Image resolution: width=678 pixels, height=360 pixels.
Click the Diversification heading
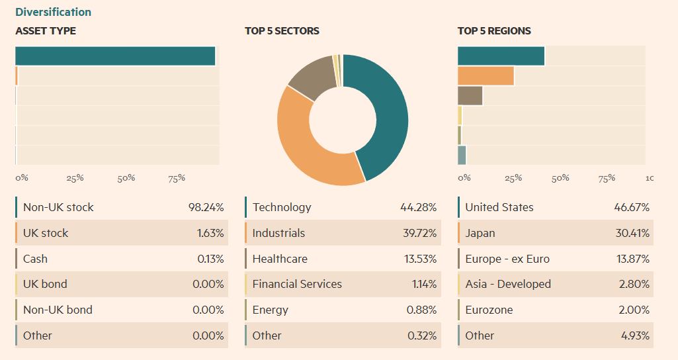click(x=53, y=12)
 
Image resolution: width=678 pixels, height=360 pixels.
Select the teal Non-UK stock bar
click(x=115, y=56)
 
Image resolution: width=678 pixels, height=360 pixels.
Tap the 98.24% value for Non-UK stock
click(x=206, y=207)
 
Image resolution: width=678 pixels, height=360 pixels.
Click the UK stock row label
click(x=46, y=233)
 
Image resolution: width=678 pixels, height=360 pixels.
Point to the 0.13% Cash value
click(x=210, y=259)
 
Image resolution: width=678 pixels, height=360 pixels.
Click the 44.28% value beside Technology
click(x=418, y=207)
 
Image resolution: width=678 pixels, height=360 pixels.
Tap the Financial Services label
click(x=297, y=284)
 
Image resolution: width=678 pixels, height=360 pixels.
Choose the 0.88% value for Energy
click(x=421, y=310)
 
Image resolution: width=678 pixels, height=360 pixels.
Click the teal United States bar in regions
click(x=501, y=56)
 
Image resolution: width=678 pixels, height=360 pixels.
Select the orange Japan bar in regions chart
click(x=486, y=76)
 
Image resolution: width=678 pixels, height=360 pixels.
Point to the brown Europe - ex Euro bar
click(x=470, y=96)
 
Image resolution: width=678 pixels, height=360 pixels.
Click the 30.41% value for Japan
click(x=632, y=233)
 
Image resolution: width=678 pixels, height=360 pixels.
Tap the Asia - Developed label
click(x=508, y=284)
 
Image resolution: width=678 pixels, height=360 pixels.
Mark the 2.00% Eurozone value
click(x=634, y=310)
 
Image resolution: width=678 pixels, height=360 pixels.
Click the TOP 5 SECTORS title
click(x=282, y=30)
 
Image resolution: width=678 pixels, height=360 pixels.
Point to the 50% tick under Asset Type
click(x=126, y=178)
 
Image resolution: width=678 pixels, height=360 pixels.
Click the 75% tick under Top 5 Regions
click(x=606, y=178)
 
